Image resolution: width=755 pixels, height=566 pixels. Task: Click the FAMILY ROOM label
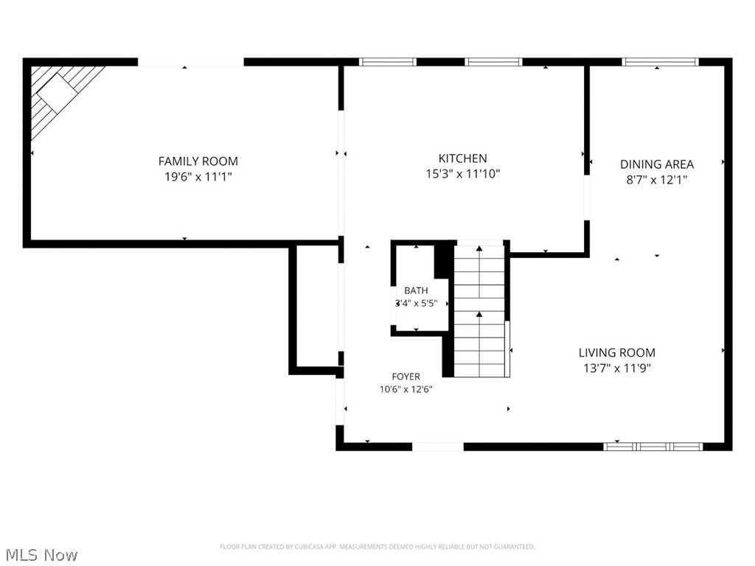point(198,161)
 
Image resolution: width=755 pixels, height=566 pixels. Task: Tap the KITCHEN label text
point(463,158)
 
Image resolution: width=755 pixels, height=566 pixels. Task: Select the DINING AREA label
point(657,164)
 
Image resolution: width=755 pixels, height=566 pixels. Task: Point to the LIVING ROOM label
point(617,353)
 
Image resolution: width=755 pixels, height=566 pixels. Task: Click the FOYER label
point(406,377)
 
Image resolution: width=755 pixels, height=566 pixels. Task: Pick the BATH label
point(416,290)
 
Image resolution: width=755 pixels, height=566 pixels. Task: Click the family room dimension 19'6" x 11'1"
point(198,177)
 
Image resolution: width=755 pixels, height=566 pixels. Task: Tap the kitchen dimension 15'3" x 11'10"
point(463,174)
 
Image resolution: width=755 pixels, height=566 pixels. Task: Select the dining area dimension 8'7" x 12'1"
point(657,180)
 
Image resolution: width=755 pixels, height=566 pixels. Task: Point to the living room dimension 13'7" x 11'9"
point(617,368)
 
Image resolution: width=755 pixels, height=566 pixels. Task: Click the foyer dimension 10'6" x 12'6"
point(406,389)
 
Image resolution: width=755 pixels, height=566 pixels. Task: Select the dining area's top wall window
point(660,62)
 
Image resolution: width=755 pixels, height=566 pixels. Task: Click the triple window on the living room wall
point(653,447)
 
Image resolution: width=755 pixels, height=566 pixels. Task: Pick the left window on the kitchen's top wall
point(388,62)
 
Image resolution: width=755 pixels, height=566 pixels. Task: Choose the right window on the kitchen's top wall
point(493,62)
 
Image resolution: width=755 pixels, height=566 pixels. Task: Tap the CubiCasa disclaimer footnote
point(377,547)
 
